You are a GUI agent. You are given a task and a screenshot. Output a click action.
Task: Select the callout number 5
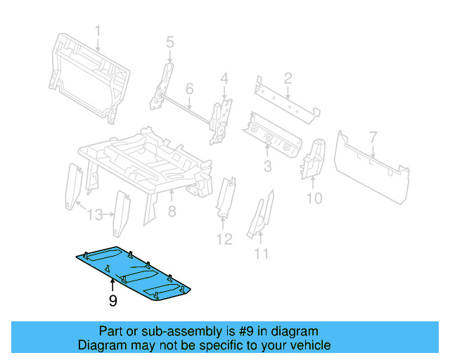(x=169, y=43)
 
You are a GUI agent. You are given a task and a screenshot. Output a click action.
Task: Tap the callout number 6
(x=189, y=89)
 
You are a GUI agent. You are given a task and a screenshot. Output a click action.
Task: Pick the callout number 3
(x=267, y=166)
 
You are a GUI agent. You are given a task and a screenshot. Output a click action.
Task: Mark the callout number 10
(x=314, y=198)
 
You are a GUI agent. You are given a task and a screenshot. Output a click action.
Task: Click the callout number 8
(x=171, y=211)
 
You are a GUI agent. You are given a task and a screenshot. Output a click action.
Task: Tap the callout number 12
(x=223, y=240)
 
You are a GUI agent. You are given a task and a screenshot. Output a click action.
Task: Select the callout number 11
(x=262, y=254)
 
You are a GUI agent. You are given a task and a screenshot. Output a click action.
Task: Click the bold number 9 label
(x=112, y=302)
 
